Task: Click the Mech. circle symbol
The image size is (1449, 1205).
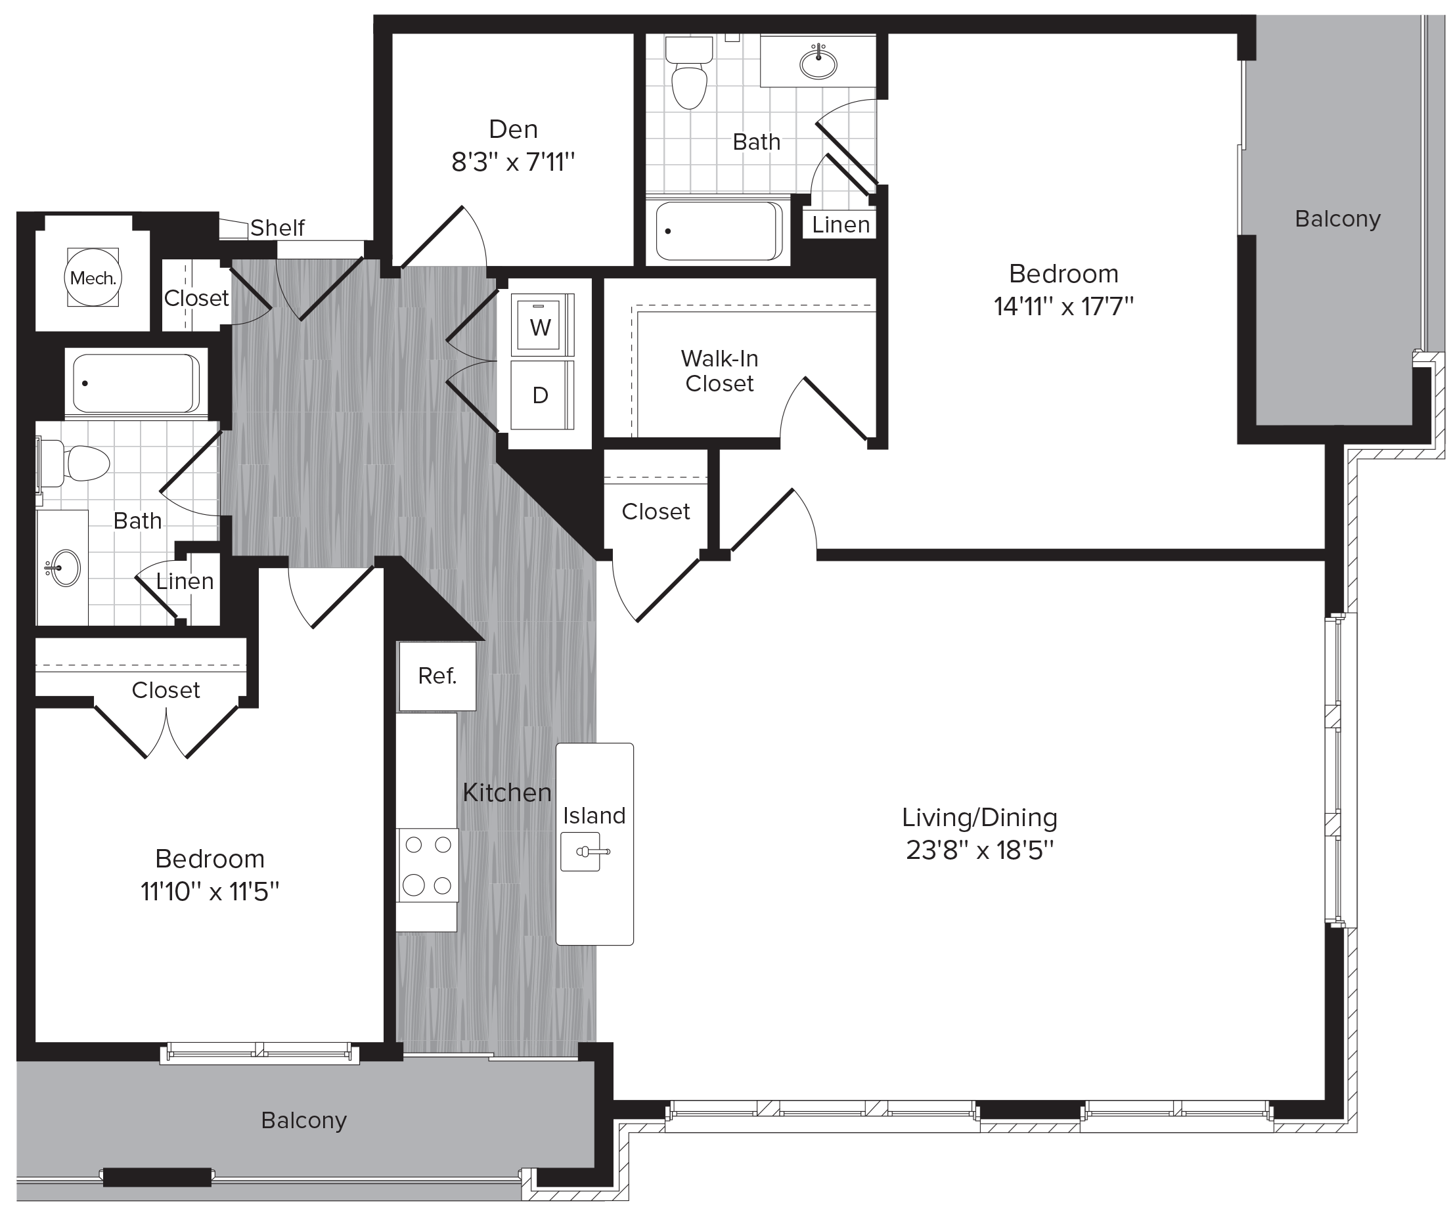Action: pyautogui.click(x=93, y=277)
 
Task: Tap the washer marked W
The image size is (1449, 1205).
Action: pyautogui.click(x=541, y=326)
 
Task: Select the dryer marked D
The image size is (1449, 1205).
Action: pyautogui.click(x=541, y=395)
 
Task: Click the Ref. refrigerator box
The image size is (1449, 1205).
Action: pyautogui.click(x=437, y=676)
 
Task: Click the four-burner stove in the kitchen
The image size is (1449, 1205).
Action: pyautogui.click(x=427, y=865)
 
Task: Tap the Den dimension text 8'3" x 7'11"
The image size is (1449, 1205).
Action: pyautogui.click(x=513, y=163)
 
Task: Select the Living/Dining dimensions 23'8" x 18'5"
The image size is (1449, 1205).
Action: pyautogui.click(x=979, y=850)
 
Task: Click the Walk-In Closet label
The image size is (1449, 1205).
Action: pyautogui.click(x=719, y=370)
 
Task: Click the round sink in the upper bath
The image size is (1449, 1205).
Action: pyautogui.click(x=818, y=64)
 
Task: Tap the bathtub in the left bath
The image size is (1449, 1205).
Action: pyautogui.click(x=136, y=383)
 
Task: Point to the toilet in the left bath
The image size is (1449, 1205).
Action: pyautogui.click(x=81, y=462)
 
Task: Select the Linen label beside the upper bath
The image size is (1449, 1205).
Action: pyautogui.click(x=840, y=224)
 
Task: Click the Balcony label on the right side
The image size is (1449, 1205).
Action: pyautogui.click(x=1337, y=219)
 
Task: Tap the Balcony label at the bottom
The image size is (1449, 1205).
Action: pyautogui.click(x=303, y=1120)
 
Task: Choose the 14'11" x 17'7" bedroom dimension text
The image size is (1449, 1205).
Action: pyautogui.click(x=1063, y=305)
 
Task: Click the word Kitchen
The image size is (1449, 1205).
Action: pyautogui.click(x=506, y=793)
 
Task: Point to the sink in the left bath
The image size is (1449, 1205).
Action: pyautogui.click(x=64, y=567)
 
